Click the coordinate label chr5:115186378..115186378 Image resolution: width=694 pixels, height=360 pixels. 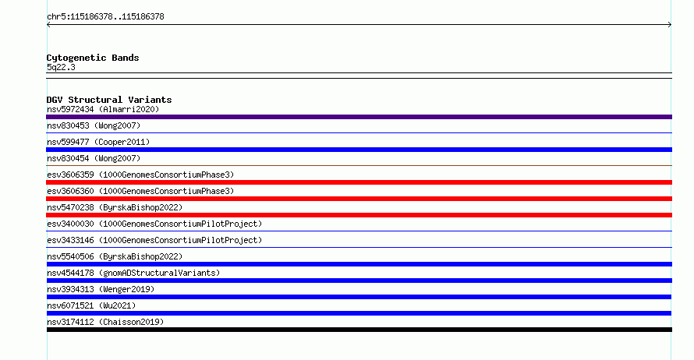click(105, 17)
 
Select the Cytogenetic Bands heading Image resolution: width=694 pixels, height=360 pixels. click(93, 58)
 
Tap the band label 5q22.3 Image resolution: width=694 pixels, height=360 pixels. click(61, 67)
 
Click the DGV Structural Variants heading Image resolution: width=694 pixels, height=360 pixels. click(109, 100)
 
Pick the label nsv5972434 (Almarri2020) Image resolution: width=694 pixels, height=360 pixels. click(103, 109)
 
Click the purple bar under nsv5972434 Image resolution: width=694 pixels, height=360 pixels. click(359, 117)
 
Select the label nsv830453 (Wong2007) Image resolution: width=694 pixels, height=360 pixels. click(94, 125)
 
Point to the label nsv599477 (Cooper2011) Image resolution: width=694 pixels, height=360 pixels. click(98, 142)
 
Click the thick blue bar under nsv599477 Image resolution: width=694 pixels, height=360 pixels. click(359, 150)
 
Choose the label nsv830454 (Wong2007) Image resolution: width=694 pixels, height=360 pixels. click(94, 158)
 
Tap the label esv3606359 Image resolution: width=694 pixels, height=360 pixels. click(70, 175)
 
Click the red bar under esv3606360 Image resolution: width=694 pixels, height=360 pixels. click(359, 199)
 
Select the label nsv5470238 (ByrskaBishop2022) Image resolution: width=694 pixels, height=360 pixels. click(115, 207)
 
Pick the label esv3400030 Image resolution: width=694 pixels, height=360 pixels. click(70, 224)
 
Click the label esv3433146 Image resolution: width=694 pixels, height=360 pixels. click(70, 240)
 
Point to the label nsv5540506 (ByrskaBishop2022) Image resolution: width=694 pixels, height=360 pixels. click(115, 256)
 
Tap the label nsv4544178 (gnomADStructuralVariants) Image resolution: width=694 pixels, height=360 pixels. click(133, 273)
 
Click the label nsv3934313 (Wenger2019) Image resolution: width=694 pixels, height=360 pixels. click(101, 289)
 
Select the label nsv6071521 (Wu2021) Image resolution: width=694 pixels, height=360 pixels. click(91, 305)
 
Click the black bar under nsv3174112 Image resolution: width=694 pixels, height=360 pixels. click(359, 330)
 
